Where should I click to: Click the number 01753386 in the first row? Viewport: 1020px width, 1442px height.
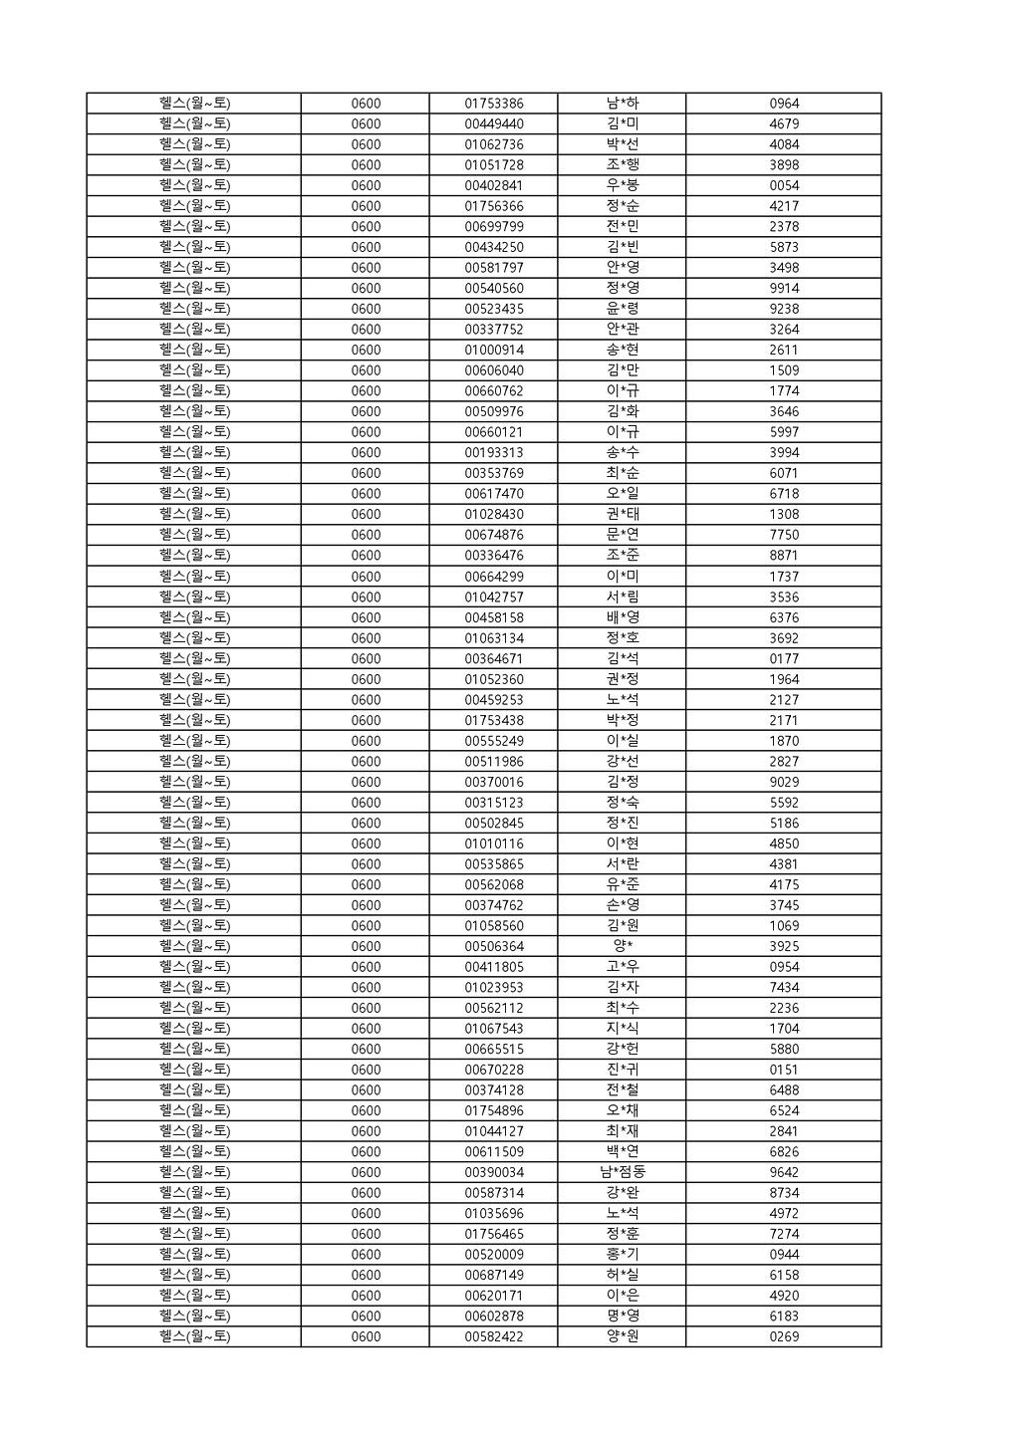493,104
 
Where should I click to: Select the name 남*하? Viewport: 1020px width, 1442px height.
622,104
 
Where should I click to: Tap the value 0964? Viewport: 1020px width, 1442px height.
784,104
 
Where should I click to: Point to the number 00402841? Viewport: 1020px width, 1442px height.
493,185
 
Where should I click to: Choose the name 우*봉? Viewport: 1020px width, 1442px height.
622,185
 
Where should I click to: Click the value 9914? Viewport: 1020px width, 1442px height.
784,289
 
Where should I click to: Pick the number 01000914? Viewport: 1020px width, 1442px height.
493,351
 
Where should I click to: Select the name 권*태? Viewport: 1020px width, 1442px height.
622,515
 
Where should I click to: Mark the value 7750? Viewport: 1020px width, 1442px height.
784,535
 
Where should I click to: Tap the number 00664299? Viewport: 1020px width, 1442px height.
493,577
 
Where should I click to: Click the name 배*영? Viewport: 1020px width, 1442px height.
622,617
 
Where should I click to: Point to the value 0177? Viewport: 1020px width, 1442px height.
784,658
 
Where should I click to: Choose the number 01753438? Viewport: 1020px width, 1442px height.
493,720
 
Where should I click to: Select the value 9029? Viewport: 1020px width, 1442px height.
784,782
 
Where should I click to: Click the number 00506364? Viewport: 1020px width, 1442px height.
493,946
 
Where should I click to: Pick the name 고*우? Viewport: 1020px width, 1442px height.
622,967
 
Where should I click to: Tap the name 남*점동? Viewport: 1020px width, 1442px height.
622,1172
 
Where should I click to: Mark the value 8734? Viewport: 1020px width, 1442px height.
784,1193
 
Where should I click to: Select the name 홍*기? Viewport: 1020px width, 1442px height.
622,1255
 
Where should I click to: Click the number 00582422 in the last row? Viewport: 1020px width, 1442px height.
493,1336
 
